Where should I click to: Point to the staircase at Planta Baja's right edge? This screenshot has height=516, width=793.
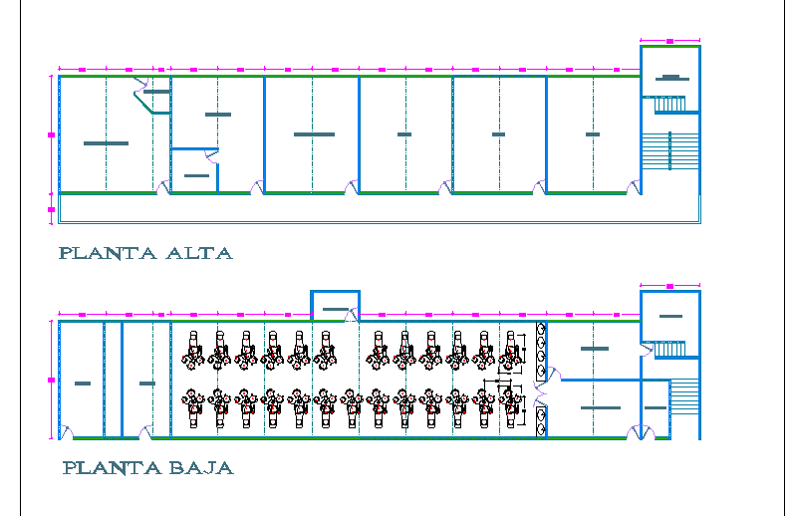click(x=684, y=405)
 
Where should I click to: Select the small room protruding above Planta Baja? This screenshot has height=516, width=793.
click(x=335, y=305)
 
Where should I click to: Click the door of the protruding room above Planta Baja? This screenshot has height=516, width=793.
click(x=352, y=316)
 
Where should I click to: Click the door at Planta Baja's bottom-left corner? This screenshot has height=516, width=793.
click(x=66, y=432)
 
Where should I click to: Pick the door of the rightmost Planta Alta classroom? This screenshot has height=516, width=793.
click(x=634, y=186)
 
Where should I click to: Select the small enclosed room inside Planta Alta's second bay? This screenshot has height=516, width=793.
click(x=194, y=170)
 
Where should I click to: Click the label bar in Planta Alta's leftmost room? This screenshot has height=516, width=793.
click(x=106, y=143)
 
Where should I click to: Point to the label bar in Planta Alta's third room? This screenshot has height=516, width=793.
click(x=313, y=133)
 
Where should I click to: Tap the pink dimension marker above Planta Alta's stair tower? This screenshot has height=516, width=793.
click(x=669, y=41)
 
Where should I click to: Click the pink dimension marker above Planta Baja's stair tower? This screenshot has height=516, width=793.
click(x=669, y=286)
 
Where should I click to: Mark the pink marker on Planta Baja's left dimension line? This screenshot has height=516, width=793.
click(x=51, y=380)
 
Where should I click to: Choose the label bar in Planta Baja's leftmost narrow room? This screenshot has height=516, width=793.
click(x=82, y=384)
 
